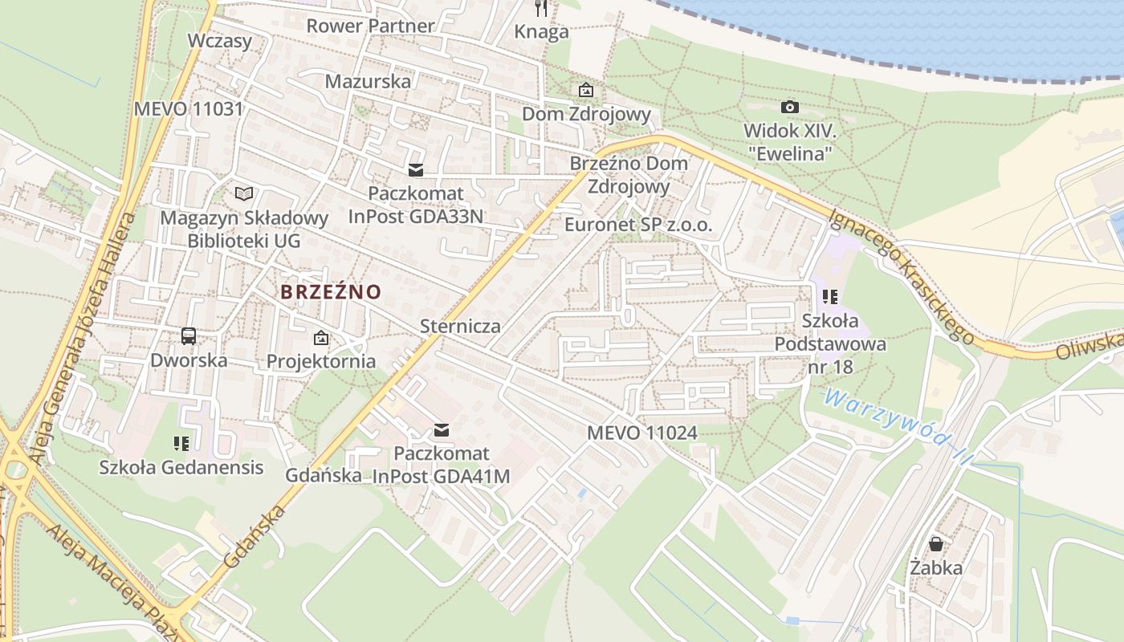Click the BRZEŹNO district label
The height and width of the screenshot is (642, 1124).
coord(331,292)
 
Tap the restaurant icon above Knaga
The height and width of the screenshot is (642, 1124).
coord(541,9)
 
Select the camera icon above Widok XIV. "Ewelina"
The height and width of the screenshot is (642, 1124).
coord(790,107)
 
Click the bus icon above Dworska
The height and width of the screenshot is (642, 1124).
coord(189,336)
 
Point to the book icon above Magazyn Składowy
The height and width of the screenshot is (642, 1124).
coord(244,193)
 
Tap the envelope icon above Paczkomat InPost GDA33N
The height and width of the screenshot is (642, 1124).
coord(415,169)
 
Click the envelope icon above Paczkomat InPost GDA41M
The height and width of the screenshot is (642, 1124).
coord(441,430)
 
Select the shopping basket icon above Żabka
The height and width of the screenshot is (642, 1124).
coord(936,544)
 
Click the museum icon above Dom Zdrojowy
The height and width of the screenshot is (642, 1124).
coord(586,90)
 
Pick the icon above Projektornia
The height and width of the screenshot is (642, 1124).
coord(321,338)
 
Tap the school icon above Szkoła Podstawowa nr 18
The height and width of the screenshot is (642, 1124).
coord(830,298)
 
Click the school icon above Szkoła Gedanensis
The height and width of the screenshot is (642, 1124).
coord(181,443)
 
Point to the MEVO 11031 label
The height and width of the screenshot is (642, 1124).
coord(188,108)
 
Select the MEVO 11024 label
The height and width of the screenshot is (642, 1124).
coord(641,433)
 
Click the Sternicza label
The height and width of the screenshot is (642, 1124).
coord(460,326)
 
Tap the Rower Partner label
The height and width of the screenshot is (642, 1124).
coord(370,26)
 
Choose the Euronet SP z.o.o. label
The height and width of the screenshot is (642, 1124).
coord(637,225)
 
